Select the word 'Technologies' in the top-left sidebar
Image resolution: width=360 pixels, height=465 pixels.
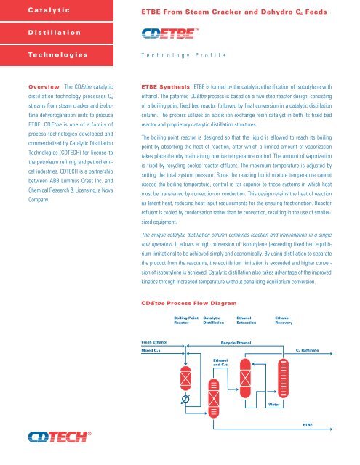tap(36, 54)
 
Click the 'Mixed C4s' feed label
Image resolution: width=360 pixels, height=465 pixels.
tap(151, 350)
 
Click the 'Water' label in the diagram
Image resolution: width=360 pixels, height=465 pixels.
tap(273, 404)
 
